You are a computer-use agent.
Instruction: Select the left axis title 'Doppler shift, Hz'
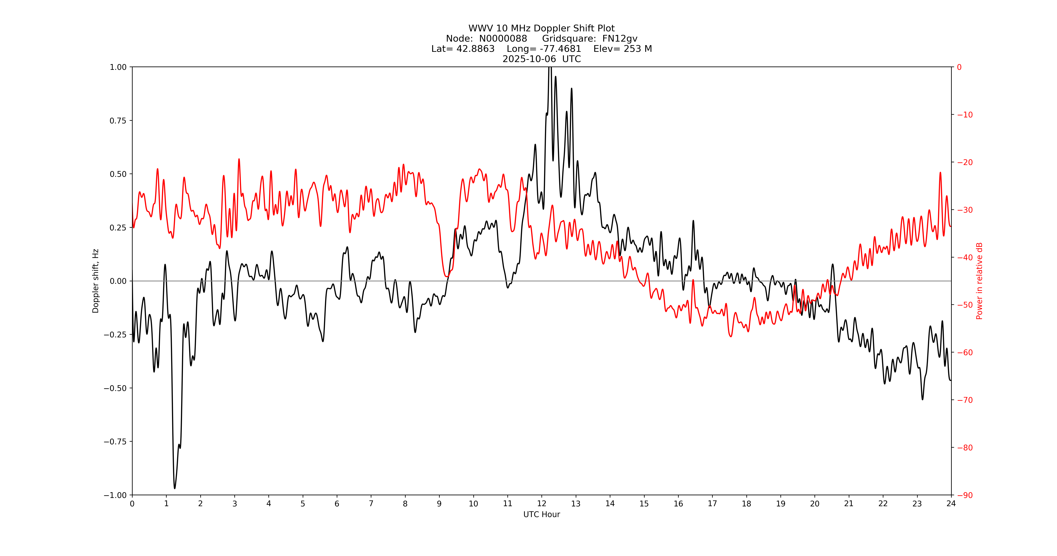96,281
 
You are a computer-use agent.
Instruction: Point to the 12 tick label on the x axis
542,504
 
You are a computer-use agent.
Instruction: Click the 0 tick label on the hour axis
132,504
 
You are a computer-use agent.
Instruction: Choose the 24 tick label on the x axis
951,504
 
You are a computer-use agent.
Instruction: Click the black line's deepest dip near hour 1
174,488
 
